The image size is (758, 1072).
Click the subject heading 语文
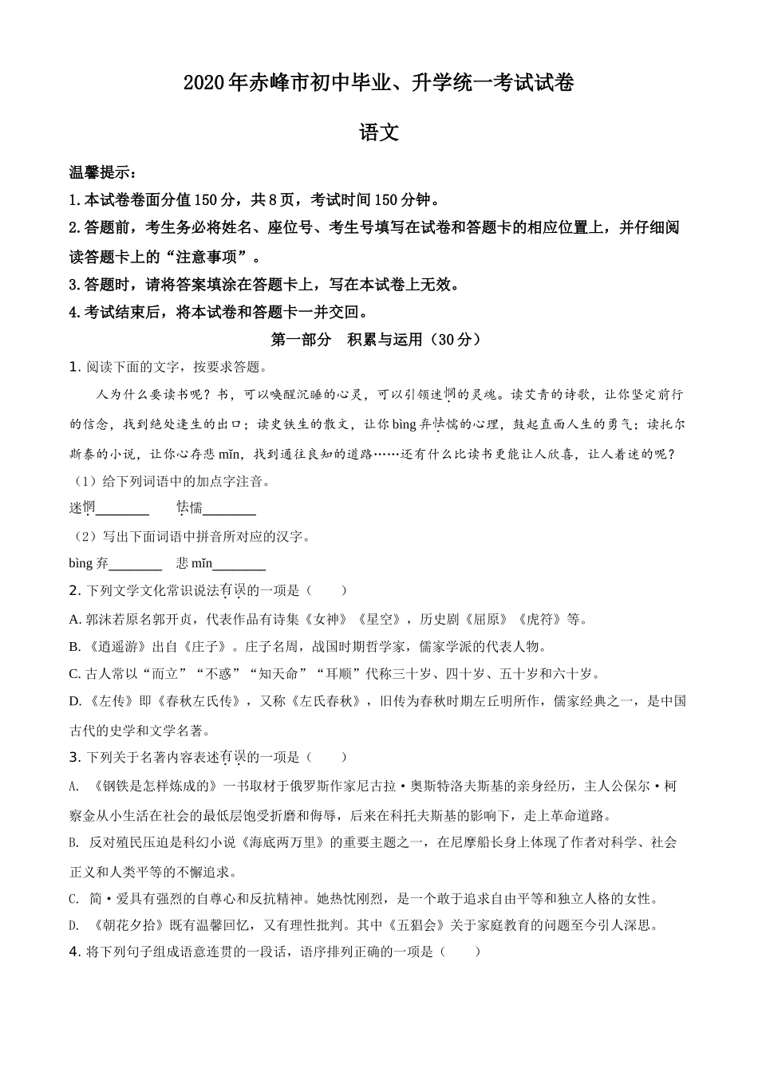[x=379, y=133]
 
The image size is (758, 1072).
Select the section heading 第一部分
[x=301, y=339]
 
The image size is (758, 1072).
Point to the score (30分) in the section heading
[x=456, y=339]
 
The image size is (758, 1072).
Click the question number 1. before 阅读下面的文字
[x=75, y=367]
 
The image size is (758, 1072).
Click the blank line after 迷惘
[x=122, y=508]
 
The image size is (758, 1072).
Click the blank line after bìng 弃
[x=135, y=565]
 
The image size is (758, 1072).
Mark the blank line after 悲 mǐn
[x=239, y=565]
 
